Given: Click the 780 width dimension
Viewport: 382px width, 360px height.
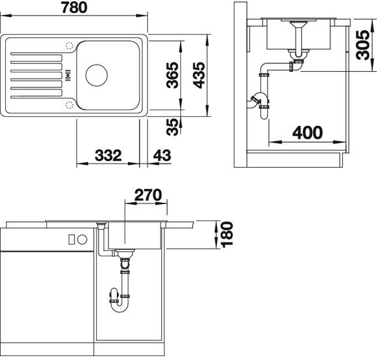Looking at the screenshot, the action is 74,7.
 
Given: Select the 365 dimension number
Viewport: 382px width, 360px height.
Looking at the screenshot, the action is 172,75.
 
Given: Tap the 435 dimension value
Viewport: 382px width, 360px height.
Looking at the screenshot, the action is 199,75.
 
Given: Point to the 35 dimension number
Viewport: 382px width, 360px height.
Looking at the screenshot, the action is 172,127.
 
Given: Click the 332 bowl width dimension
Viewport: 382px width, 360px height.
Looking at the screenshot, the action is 108,155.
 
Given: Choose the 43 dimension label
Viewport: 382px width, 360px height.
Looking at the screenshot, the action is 162,155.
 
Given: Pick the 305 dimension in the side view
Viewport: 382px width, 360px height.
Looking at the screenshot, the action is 363,45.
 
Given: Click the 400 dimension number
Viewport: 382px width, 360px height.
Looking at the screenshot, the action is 308,132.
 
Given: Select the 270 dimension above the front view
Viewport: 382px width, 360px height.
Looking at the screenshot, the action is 148,194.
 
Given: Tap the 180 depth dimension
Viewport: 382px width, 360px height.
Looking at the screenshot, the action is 227,235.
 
